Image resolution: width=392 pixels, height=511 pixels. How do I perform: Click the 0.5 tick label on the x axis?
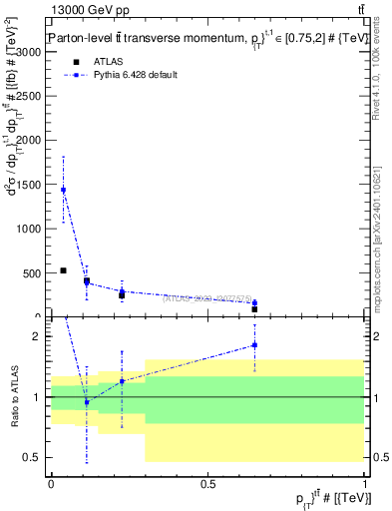click(207, 483)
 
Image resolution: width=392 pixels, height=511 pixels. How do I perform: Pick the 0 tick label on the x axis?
click(51, 483)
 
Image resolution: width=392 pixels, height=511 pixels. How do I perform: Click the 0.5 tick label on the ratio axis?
click(35, 457)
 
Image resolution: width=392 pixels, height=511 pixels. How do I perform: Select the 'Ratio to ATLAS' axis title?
click(14, 397)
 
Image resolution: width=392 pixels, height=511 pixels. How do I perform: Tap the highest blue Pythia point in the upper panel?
click(64, 190)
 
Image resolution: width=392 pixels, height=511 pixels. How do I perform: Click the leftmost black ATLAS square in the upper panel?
click(63, 270)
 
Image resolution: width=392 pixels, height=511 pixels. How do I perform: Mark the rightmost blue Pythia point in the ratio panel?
click(254, 345)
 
